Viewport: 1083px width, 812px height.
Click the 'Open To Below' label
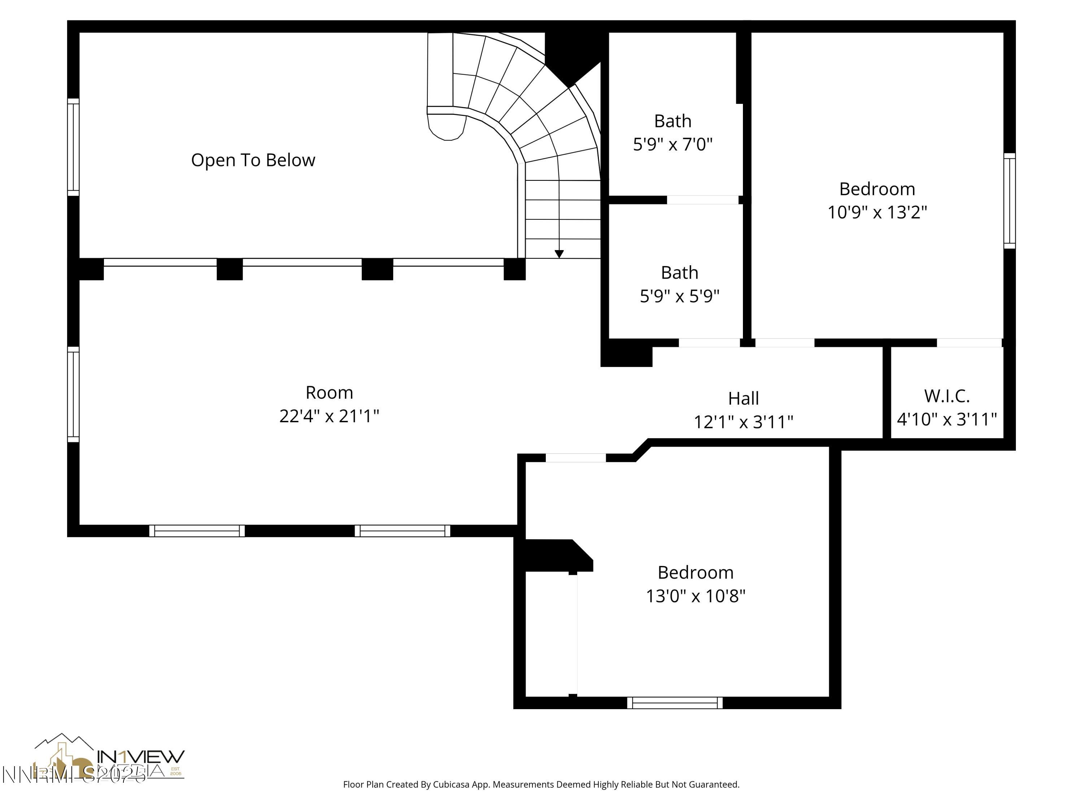253,160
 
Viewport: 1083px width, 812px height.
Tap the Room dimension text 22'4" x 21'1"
329,416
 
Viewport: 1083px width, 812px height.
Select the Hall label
743,398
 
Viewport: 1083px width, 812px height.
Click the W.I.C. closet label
947,396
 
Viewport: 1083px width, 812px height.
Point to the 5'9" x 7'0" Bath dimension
673,144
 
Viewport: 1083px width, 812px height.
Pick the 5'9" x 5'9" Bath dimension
679,296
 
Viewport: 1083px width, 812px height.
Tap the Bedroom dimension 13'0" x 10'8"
695,596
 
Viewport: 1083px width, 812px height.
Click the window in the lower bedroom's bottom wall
675,703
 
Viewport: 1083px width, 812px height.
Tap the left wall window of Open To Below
73,147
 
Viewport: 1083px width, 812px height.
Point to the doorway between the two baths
702,200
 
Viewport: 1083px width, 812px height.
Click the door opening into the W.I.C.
969,342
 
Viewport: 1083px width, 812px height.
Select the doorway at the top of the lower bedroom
576,458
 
